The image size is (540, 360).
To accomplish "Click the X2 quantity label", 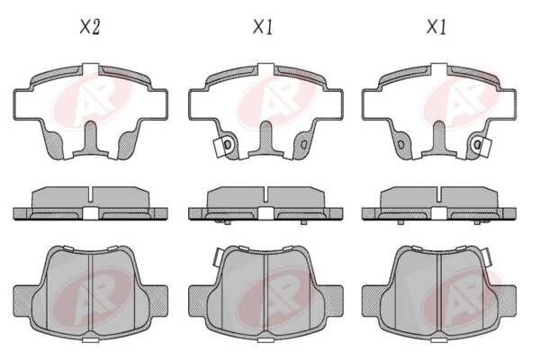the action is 90,27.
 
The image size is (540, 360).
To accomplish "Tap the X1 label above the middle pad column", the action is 263,27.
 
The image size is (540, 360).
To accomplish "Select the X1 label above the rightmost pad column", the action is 436,27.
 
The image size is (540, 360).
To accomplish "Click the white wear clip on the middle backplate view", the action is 219,148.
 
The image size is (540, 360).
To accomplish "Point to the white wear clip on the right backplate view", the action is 486,148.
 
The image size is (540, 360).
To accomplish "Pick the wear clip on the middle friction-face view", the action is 218,257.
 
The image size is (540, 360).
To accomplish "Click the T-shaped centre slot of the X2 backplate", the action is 91,139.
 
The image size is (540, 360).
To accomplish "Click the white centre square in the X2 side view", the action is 91,213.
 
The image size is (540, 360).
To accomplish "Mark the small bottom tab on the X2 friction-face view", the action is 91,340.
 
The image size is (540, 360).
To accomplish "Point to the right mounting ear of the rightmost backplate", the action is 505,104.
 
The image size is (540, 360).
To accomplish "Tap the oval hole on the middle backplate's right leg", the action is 304,144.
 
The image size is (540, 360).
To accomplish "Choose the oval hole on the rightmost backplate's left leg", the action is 400,144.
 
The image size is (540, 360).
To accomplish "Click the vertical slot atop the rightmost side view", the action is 439,194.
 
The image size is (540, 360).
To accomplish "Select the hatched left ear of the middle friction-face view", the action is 199,301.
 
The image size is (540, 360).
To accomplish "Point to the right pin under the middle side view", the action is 304,222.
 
